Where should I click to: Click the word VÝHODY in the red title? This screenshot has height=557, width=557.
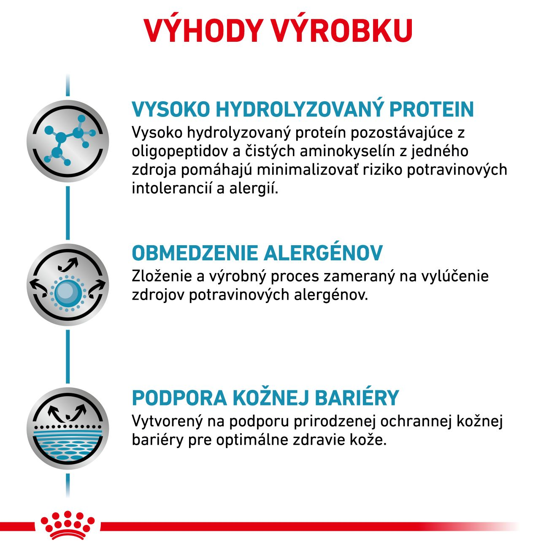click(x=203, y=30)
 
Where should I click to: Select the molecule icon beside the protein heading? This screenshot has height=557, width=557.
click(x=68, y=141)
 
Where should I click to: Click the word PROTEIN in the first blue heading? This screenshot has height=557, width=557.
click(x=432, y=109)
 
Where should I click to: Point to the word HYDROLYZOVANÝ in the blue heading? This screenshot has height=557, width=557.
click(x=300, y=109)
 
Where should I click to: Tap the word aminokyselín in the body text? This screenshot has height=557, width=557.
click(x=347, y=151)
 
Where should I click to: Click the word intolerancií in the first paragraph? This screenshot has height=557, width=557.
click(x=171, y=189)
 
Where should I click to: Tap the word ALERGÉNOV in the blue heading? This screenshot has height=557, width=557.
click(x=323, y=253)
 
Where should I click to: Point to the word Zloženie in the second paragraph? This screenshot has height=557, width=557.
click(x=161, y=276)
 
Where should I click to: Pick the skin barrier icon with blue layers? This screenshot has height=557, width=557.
click(x=68, y=428)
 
